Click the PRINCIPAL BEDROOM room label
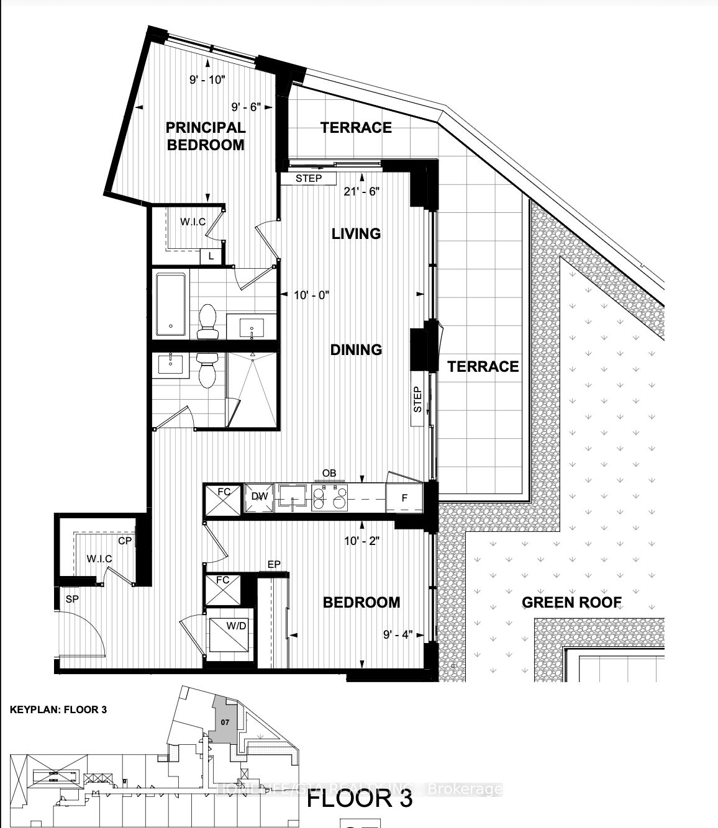205,136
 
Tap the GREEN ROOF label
571,602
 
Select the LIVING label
356,233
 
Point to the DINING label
356,349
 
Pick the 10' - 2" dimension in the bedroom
361,541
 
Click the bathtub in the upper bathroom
170,305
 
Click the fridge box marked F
404,498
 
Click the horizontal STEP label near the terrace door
308,179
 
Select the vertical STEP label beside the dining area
417,400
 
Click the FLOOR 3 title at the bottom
360,798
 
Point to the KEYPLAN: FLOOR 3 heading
58,709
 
